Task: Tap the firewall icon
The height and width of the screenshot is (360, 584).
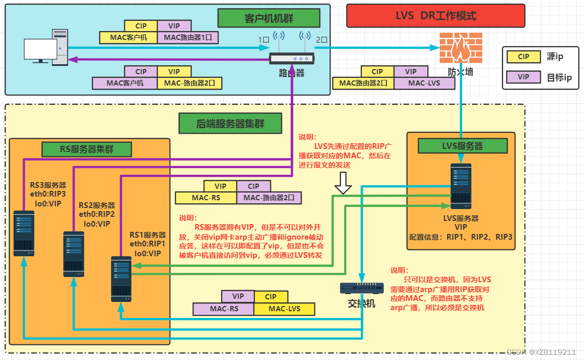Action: click(457, 49)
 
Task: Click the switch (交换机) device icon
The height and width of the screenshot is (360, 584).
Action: click(361, 288)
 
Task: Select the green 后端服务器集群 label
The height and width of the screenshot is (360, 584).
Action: click(230, 124)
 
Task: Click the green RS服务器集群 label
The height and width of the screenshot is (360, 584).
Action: click(87, 149)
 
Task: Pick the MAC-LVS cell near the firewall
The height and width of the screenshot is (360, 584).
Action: click(424, 82)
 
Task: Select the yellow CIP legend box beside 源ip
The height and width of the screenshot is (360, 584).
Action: click(523, 57)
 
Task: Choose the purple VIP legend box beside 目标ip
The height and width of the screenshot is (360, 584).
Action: click(523, 77)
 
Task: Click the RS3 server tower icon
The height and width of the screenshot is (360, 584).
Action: click(23, 233)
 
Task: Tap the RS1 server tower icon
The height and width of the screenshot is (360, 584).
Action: click(121, 279)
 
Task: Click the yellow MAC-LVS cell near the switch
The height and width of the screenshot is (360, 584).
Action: click(284, 309)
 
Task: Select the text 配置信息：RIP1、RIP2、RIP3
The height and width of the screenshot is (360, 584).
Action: click(460, 237)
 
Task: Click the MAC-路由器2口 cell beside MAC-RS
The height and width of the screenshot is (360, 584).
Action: click(268, 198)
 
